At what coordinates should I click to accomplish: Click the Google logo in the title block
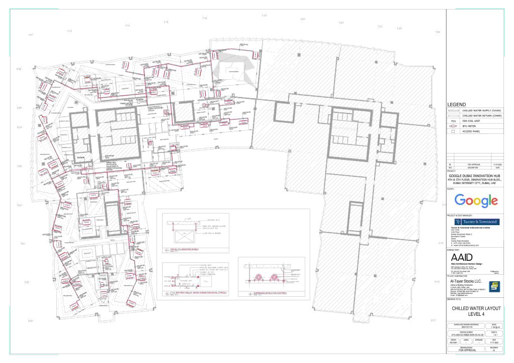coord(476,201)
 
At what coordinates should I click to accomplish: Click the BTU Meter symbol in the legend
coord(453,126)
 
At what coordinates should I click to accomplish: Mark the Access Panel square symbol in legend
coord(453,132)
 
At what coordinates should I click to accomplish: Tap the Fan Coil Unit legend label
coord(472,121)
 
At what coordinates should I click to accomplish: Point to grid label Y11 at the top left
coord(31,35)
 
